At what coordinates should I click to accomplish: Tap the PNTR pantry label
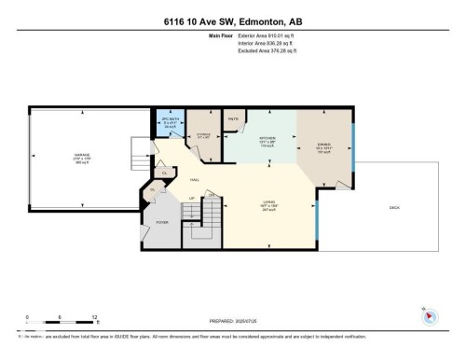[233, 119]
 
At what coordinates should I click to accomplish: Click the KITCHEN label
[267, 141]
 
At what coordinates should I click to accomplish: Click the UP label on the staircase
[192, 199]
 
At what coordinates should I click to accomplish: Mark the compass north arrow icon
[430, 315]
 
